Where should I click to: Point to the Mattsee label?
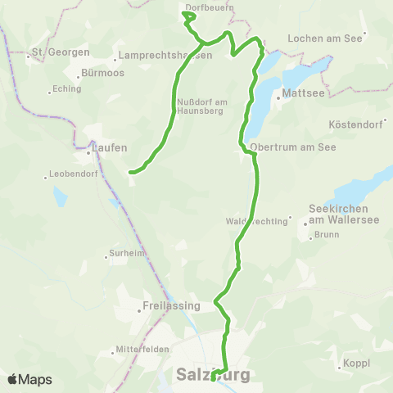[299, 94]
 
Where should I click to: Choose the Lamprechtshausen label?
[165, 55]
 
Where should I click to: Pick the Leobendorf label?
[75, 174]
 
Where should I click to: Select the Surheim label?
[130, 253]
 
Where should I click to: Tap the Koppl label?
[358, 362]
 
